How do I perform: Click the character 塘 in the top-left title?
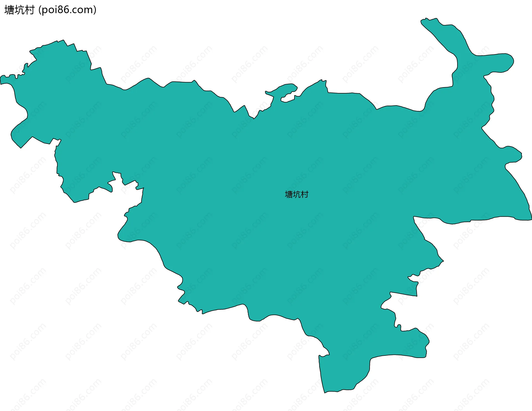[x=9, y=10]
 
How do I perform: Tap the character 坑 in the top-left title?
[x=19, y=10]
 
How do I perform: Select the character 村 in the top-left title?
[x=29, y=10]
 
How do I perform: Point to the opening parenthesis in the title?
[x=40, y=10]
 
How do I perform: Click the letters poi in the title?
[x=49, y=10]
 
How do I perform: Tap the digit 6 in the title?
[x=66, y=10]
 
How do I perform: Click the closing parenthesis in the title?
[x=95, y=10]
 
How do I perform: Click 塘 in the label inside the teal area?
[x=289, y=195]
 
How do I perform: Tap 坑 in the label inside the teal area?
[x=296, y=195]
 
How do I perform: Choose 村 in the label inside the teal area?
[x=305, y=195]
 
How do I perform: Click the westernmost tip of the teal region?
[x=1, y=80]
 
